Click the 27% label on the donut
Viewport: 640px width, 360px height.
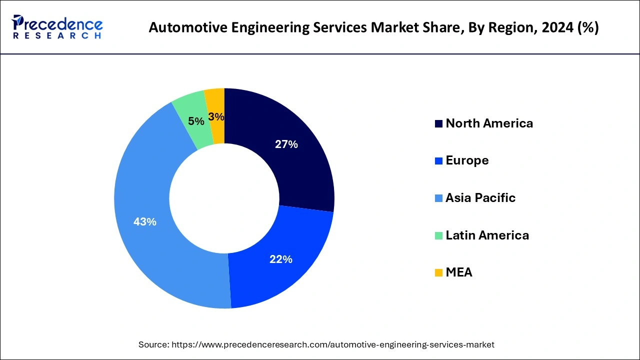tap(286, 144)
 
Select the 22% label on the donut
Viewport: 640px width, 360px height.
tap(280, 259)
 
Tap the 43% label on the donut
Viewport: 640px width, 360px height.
tap(145, 221)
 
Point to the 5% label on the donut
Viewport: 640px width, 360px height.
tap(196, 121)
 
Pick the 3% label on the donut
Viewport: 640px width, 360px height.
tap(216, 117)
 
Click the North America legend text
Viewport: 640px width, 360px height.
tap(489, 123)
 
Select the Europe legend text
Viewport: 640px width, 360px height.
tap(467, 160)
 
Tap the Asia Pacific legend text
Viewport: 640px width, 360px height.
tap(480, 198)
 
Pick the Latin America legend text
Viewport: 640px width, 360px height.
tap(487, 235)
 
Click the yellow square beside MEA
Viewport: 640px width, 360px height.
tap(438, 273)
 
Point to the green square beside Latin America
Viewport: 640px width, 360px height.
tap(438, 235)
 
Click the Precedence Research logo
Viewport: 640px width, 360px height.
tap(57, 27)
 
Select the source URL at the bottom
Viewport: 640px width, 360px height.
tap(332, 344)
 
